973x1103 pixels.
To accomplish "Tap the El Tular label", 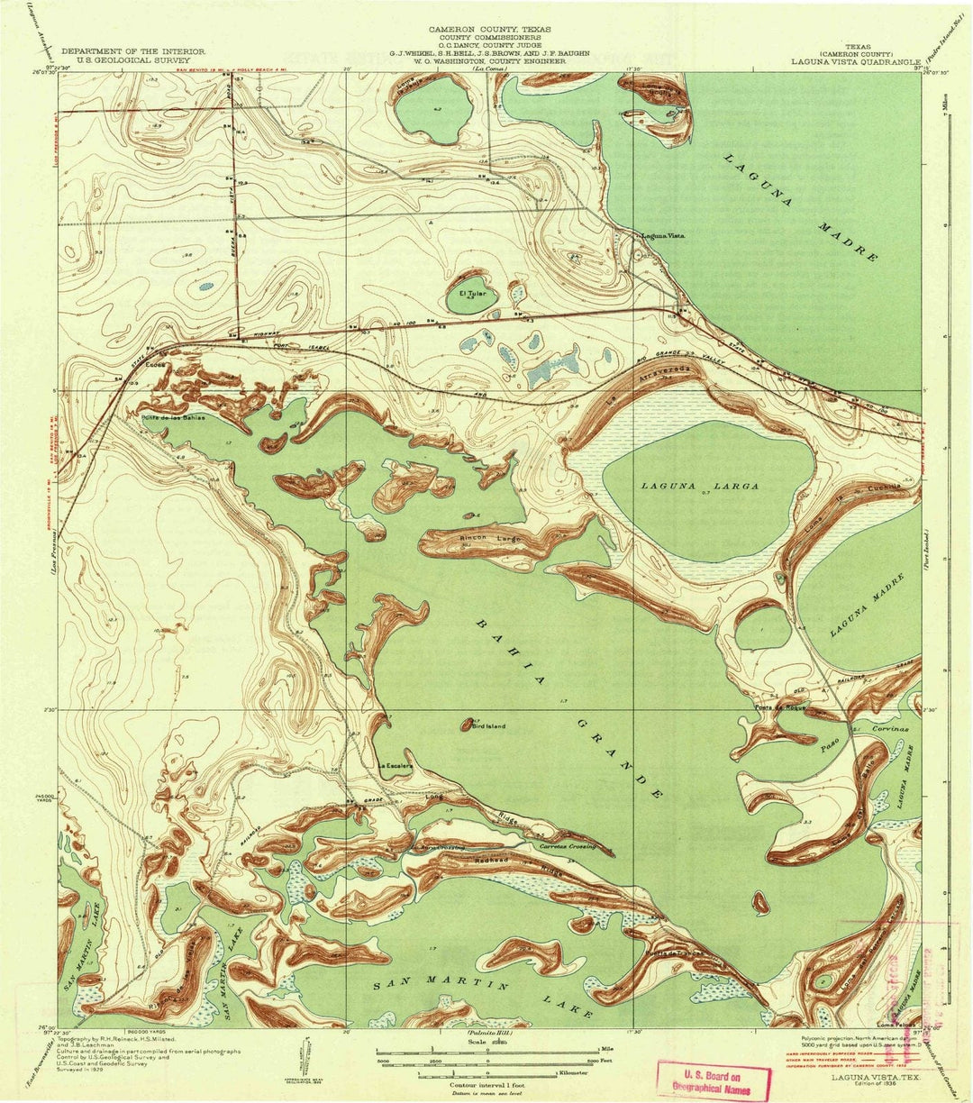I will (x=472, y=294).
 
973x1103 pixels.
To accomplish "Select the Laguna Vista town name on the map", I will (x=663, y=236).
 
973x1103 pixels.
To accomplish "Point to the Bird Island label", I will (x=488, y=726).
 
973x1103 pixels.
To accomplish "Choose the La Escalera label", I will (x=395, y=767).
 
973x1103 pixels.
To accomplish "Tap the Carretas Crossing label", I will (x=568, y=848).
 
